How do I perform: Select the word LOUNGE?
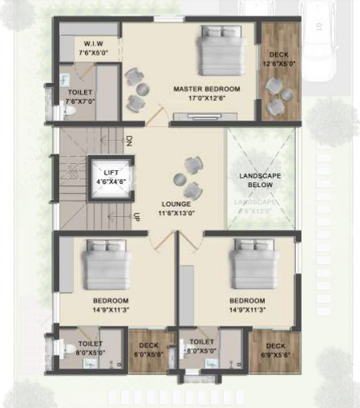[175, 204]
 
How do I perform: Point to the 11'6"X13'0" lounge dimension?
[175, 214]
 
